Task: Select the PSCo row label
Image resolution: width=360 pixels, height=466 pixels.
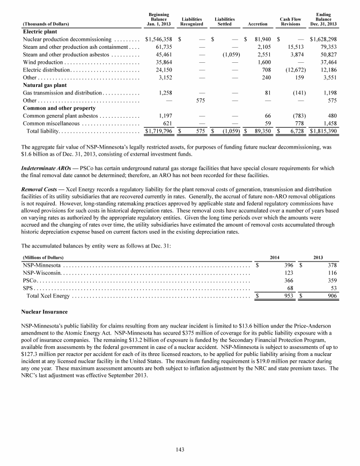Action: point(30,280)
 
